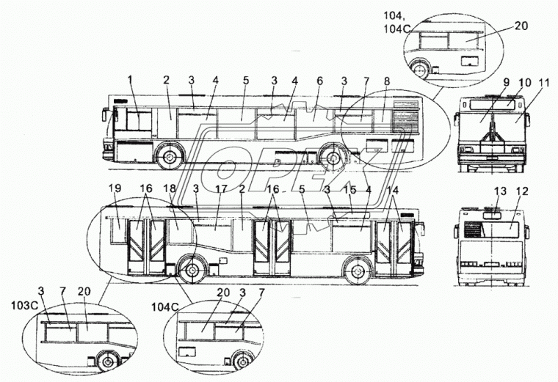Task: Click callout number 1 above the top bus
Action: [x=130, y=81]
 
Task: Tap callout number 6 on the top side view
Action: [x=319, y=81]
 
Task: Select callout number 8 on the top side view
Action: [x=387, y=81]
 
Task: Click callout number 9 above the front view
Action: [x=507, y=82]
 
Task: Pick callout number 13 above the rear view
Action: [x=500, y=191]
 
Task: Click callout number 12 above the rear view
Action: [x=522, y=191]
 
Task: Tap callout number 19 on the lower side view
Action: [x=115, y=188]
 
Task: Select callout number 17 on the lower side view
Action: [x=221, y=188]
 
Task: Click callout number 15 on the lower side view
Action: [x=350, y=190]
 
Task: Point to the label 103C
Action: [x=23, y=305]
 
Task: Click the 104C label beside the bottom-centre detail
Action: [x=164, y=307]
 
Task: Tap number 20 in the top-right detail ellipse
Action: [x=521, y=26]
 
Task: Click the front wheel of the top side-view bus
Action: [x=170, y=156]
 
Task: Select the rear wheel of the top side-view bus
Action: [x=333, y=156]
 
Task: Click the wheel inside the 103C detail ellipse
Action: [x=107, y=361]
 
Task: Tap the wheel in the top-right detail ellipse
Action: [x=420, y=69]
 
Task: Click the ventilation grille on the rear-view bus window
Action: [x=474, y=229]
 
